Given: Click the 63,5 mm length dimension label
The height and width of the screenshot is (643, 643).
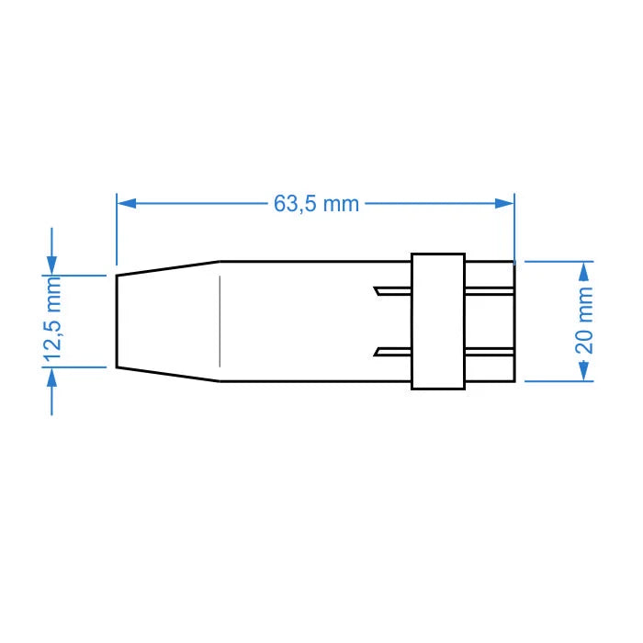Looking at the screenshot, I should coord(316,203).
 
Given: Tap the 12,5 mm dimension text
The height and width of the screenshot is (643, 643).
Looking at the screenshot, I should coord(53,321).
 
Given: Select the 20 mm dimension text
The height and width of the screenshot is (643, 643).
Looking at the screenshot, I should coord(584,320).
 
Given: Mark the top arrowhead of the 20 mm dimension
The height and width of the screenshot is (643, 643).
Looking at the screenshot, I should coord(583,270).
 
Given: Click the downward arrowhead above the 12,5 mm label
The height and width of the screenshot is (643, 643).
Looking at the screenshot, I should coord(52,265).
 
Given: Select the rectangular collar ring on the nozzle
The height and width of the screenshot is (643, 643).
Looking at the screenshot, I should coord(436,320).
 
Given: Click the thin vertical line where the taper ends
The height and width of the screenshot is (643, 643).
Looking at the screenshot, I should coord(220,321).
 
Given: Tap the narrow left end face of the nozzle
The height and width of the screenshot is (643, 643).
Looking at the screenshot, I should coord(116,321).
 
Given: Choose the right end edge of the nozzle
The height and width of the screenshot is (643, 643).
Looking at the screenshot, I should coord(513,321).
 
